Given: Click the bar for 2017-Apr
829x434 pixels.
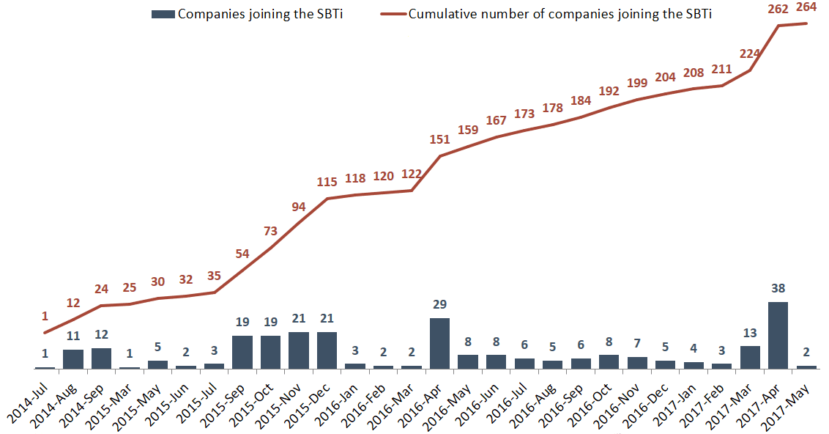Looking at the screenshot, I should pos(778,335).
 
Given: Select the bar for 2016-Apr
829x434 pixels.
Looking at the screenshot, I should pos(439,343).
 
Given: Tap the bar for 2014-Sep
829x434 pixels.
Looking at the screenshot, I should pos(101,358).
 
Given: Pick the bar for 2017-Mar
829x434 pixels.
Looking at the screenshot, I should pos(750,357).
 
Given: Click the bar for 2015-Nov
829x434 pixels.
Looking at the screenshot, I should pos(299,350).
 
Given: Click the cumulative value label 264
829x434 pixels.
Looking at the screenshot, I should pos(807,10).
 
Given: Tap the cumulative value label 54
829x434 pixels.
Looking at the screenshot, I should pos(242,254).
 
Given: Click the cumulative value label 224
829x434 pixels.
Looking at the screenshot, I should pos(750,54).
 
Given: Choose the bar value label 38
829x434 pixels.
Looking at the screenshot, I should pos(778,288).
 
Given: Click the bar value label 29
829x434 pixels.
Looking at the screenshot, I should pos(439,304).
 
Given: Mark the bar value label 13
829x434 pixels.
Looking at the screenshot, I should pos(750,332).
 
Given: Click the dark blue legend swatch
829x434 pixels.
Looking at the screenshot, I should pos(163,14).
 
